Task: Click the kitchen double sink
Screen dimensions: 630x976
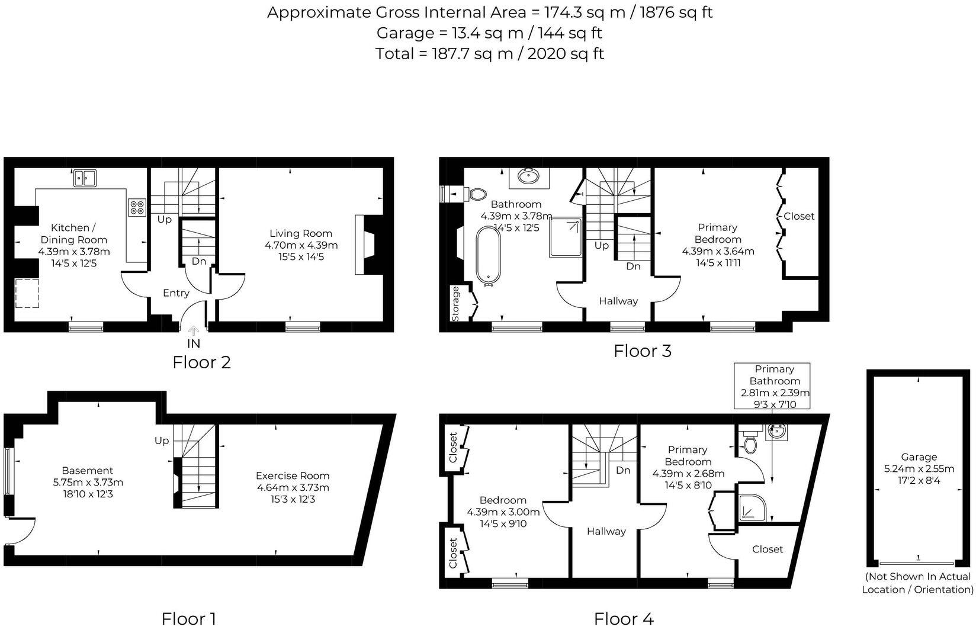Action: [x=85, y=178]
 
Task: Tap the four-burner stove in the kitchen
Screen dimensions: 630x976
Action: [x=137, y=207]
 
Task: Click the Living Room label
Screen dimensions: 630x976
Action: [x=301, y=233]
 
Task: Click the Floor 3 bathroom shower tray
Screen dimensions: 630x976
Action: [x=566, y=237]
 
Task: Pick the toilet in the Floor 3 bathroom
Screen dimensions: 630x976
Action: [x=471, y=194]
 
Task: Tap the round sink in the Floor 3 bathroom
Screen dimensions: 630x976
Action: [x=528, y=176]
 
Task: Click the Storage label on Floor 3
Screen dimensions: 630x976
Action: [x=456, y=304]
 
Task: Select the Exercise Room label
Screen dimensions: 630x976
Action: [x=293, y=476]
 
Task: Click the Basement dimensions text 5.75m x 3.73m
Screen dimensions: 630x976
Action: [x=88, y=483]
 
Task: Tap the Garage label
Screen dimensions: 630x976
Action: [x=919, y=457]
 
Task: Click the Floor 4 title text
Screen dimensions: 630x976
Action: [x=624, y=619]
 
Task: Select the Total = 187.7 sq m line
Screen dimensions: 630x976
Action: [x=489, y=54]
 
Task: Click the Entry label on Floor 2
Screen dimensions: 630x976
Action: [x=176, y=293]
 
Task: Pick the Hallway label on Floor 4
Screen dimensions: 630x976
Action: [x=606, y=531]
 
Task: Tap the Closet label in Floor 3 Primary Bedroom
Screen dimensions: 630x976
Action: [x=799, y=216]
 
